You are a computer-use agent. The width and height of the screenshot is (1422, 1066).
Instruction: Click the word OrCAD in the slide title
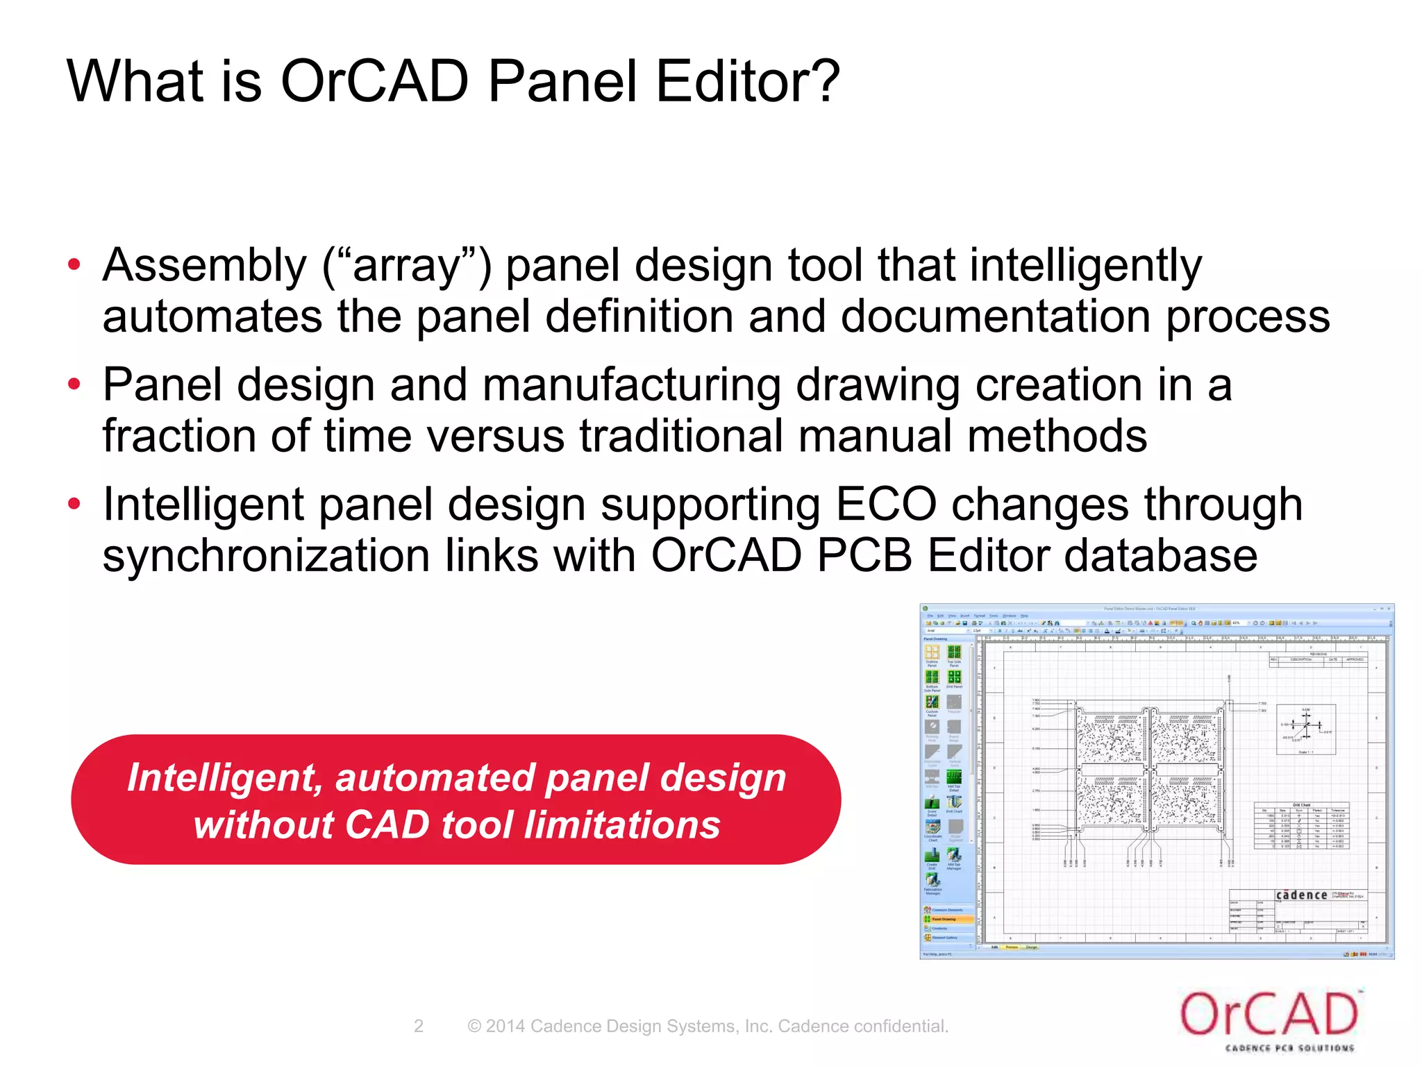pyautogui.click(x=375, y=81)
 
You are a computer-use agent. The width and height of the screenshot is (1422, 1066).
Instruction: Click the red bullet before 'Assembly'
pyautogui.click(x=74, y=265)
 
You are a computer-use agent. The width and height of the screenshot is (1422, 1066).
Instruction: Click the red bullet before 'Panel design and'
pyautogui.click(x=74, y=384)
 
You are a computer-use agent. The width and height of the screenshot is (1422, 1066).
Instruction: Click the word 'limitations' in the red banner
pyautogui.click(x=621, y=824)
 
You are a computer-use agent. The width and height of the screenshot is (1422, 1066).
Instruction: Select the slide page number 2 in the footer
pyautogui.click(x=418, y=1026)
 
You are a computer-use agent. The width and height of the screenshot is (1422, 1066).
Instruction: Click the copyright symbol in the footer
pyautogui.click(x=474, y=1026)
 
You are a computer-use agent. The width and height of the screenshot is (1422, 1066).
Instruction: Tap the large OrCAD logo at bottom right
pyautogui.click(x=1269, y=1015)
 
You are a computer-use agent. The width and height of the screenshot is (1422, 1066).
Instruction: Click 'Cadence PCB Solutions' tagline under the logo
pyautogui.click(x=1289, y=1048)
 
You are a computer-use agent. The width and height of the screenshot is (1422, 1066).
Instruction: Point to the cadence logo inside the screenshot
pyautogui.click(x=1301, y=895)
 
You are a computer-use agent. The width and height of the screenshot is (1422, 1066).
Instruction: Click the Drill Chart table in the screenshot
pyautogui.click(x=1301, y=827)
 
